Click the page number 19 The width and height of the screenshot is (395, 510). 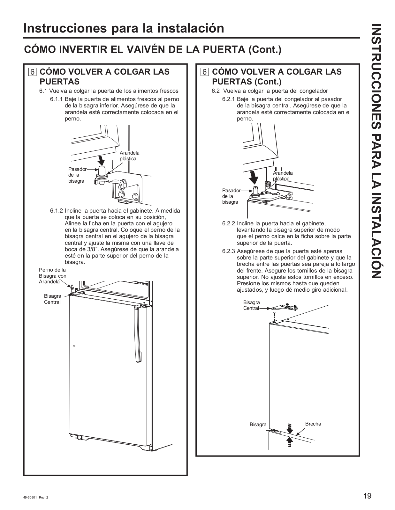click(367, 496)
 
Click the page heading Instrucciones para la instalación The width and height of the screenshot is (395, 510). click(124, 28)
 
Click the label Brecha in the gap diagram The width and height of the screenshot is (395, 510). click(313, 424)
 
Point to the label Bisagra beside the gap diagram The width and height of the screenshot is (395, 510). click(258, 425)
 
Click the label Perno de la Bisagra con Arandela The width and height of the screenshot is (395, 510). click(52, 276)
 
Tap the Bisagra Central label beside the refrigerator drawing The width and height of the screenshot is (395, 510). click(52, 299)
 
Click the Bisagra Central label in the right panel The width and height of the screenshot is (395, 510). click(251, 305)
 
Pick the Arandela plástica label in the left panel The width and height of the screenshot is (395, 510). click(129, 156)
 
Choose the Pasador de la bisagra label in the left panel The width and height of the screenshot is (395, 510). click(77, 175)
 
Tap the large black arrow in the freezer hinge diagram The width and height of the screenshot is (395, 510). click(254, 176)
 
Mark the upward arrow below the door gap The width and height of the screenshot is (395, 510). click(290, 442)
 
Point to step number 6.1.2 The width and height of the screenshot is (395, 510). click(57, 211)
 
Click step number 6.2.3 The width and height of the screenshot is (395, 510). click(229, 251)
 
